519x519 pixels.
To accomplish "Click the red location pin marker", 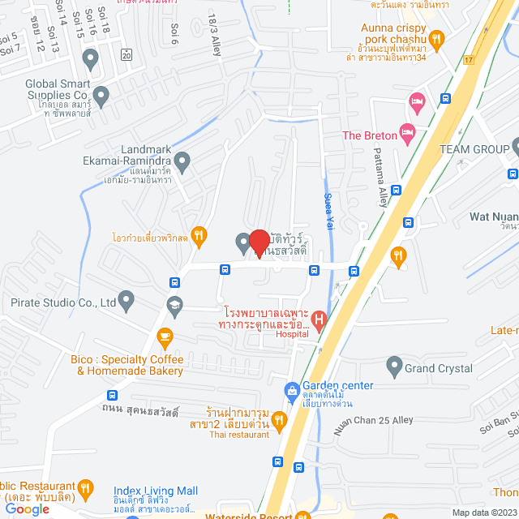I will pyautogui.click(x=259, y=243).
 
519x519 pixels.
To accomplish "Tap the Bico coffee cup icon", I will pyautogui.click(x=165, y=336).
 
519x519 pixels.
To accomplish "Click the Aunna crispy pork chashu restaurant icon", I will pyautogui.click(x=437, y=37).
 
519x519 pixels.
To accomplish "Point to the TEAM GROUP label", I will pyautogui.click(x=474, y=150).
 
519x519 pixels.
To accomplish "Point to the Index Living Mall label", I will pyautogui.click(x=155, y=491).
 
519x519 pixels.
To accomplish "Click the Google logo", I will pyautogui.click(x=27, y=508).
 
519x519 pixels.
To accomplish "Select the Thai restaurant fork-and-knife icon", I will pyautogui.click(x=279, y=420).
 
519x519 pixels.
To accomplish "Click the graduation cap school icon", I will pyautogui.click(x=174, y=305).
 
